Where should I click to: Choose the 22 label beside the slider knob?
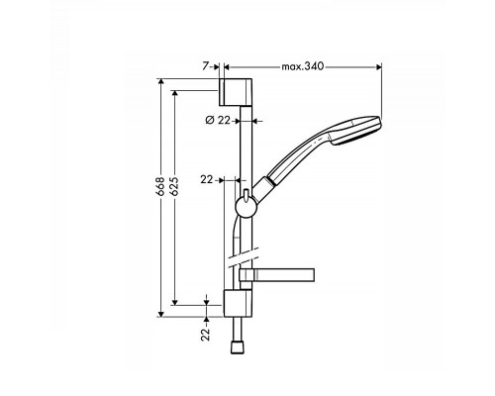click(x=207, y=180)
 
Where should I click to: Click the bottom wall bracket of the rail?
click(x=239, y=303)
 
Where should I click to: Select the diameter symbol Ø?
click(x=210, y=121)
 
